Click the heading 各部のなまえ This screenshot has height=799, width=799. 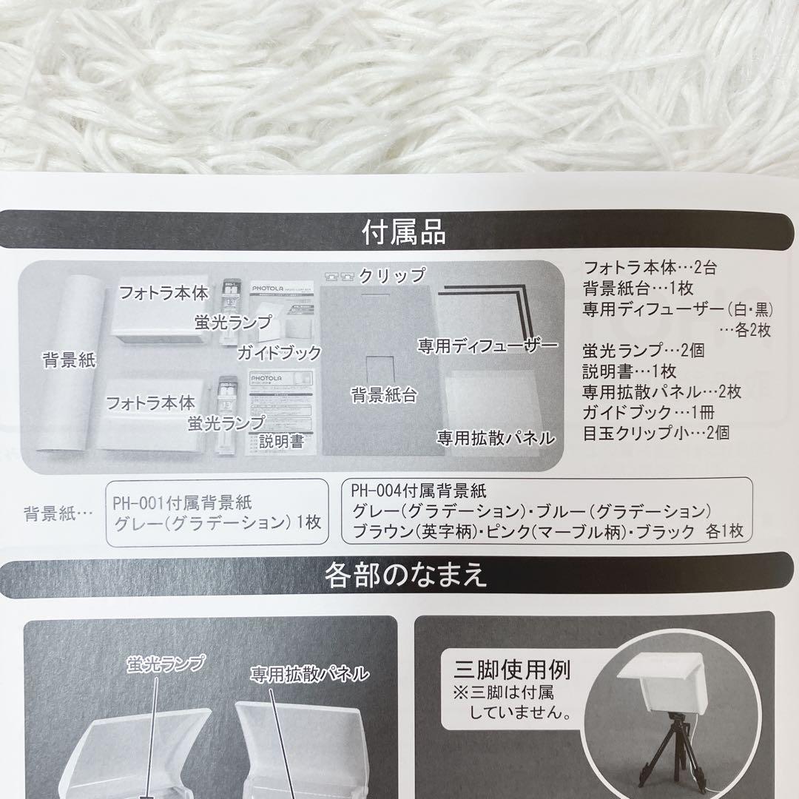point(405,576)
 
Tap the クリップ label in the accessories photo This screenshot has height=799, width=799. point(392,276)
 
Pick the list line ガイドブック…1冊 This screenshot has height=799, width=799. point(647,412)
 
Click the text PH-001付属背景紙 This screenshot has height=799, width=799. point(182,504)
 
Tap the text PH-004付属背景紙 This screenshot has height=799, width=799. point(420,490)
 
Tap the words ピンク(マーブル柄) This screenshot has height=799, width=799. point(549,530)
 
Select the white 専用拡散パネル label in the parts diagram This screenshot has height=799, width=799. point(309,673)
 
